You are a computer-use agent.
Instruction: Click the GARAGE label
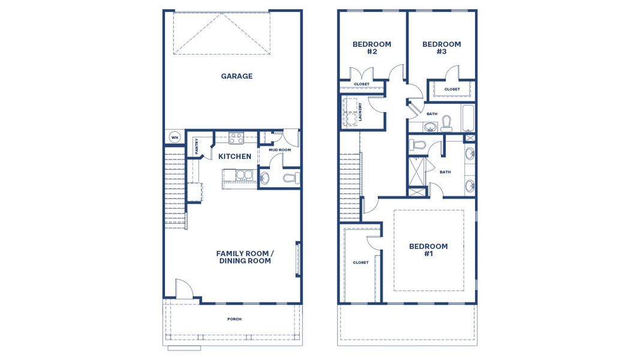pyautogui.click(x=236, y=76)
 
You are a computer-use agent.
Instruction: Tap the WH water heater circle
pyautogui.click(x=175, y=137)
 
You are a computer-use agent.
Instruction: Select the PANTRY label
pyautogui.click(x=196, y=146)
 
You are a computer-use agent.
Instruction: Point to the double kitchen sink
pyautogui.click(x=243, y=175)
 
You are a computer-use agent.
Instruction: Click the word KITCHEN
pyautogui.click(x=235, y=157)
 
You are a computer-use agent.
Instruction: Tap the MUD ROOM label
pyautogui.click(x=279, y=150)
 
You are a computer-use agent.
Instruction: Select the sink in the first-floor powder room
pyautogui.click(x=265, y=178)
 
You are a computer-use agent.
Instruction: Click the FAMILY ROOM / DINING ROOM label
pyautogui.click(x=245, y=257)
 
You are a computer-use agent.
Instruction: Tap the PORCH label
pyautogui.click(x=234, y=319)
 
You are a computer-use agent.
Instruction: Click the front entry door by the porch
pyautogui.click(x=184, y=291)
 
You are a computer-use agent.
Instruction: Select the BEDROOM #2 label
pyautogui.click(x=371, y=48)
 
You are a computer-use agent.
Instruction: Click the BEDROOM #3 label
pyautogui.click(x=441, y=48)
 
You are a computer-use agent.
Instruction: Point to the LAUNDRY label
pyautogui.click(x=360, y=112)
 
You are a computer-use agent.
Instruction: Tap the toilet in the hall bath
pyautogui.click(x=446, y=124)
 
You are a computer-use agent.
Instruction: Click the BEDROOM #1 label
pyautogui.click(x=428, y=250)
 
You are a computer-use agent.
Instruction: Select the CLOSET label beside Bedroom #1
pyautogui.click(x=360, y=262)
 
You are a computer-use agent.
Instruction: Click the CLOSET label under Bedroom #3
pyautogui.click(x=452, y=89)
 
